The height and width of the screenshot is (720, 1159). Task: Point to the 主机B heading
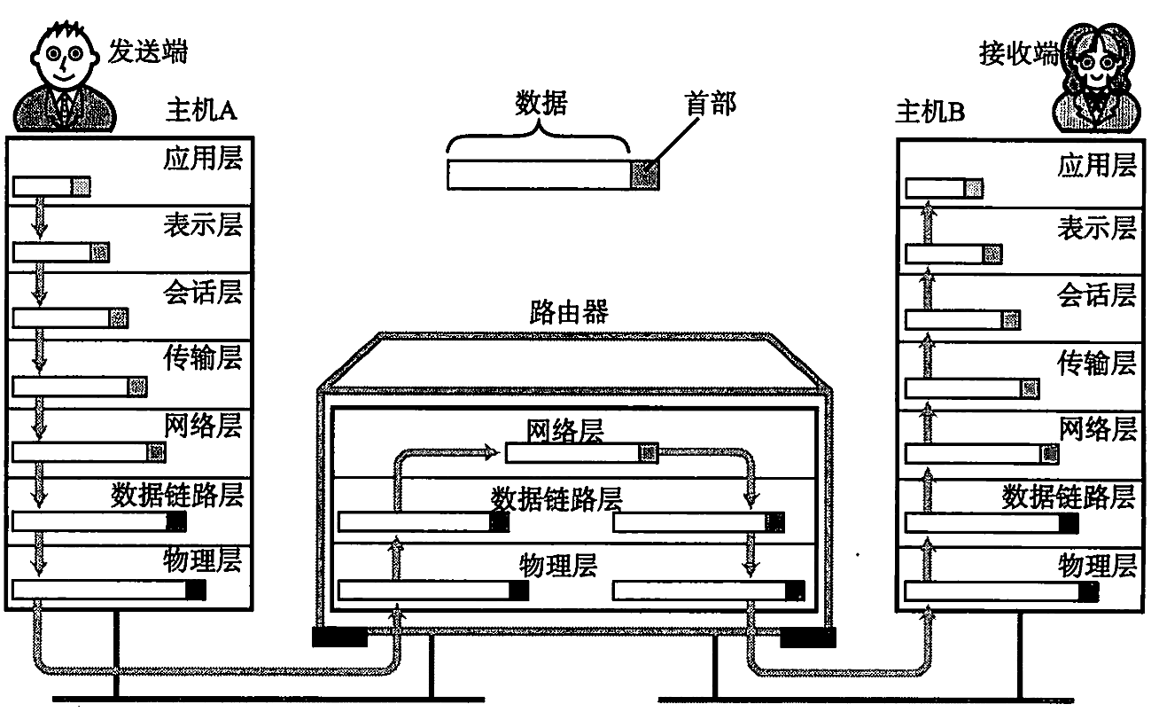(930, 113)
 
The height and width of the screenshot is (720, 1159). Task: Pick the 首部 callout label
(711, 106)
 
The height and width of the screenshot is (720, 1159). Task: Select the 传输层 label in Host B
(1096, 364)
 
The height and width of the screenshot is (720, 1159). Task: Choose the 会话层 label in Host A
(202, 292)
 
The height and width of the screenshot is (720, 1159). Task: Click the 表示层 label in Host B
(1096, 229)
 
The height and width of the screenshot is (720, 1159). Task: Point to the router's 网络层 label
(565, 432)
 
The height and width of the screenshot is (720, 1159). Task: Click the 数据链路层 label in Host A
(176, 493)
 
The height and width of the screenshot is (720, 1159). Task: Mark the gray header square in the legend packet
(645, 175)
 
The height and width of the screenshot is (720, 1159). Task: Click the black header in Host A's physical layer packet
(196, 590)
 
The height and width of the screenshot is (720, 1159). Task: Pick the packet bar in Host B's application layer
(944, 189)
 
